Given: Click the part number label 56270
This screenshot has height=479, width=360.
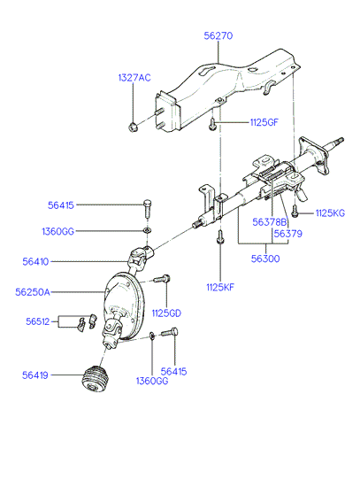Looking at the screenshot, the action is (218, 35).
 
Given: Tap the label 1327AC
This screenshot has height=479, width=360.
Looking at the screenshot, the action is (134, 78).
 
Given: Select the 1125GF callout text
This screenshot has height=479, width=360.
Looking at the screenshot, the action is (264, 122).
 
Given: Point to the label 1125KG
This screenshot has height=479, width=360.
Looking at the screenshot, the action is (330, 212).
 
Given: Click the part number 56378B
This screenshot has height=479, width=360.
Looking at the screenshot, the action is (270, 222).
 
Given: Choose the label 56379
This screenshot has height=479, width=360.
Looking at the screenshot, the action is (288, 234).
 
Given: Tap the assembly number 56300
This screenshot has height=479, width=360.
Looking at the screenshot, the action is (265, 259).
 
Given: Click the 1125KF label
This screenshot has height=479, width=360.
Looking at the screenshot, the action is (220, 287).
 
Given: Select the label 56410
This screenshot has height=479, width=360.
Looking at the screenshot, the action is (35, 262).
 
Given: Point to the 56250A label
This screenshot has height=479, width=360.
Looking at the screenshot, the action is (33, 292).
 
